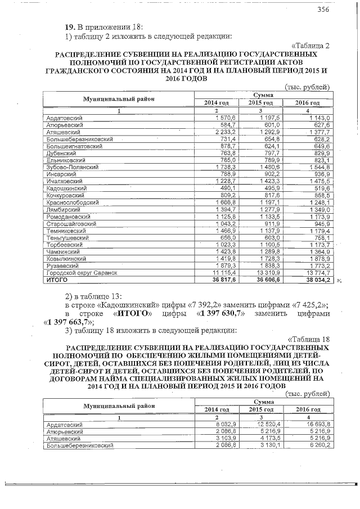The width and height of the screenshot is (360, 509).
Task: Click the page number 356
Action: pos(323,10)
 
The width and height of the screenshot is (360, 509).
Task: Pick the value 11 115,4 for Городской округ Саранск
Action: pos(221,272)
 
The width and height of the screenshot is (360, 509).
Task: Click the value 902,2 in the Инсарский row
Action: pos(268,174)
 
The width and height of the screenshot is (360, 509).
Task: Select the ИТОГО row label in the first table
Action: pos(57,279)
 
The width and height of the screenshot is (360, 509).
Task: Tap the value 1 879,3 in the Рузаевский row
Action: pos(222,265)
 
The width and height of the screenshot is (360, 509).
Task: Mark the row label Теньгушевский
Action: pos(66,237)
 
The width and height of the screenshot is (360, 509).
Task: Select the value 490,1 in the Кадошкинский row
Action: pos(223,188)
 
